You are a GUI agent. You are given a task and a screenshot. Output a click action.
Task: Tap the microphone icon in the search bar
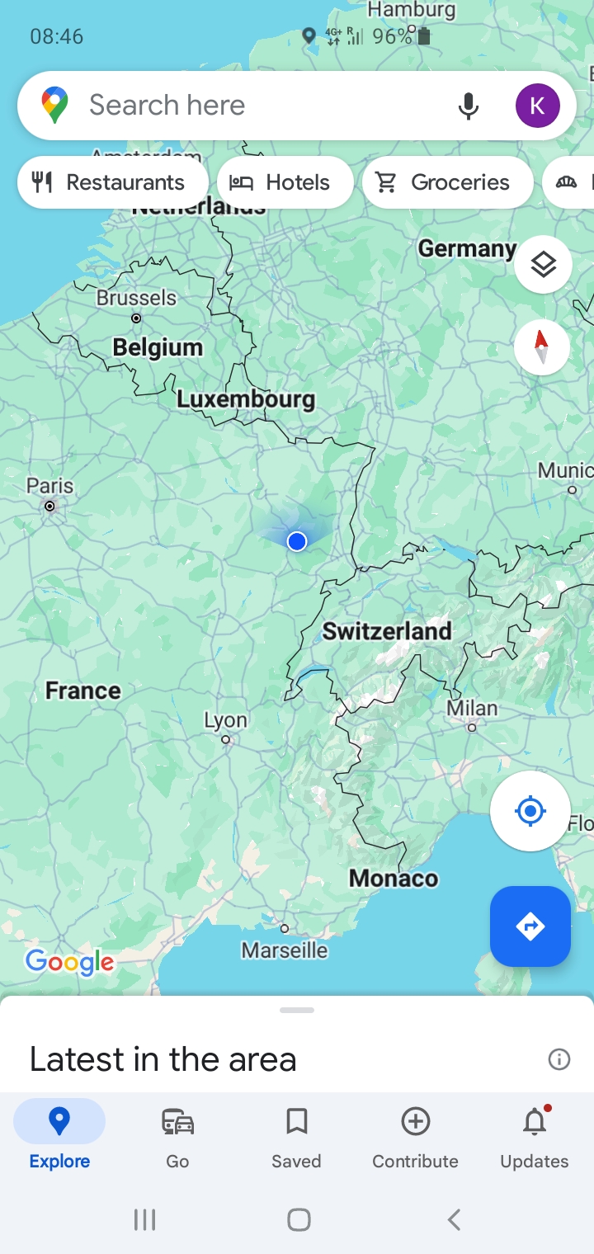[468, 106]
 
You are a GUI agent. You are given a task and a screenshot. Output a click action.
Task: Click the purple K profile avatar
[537, 106]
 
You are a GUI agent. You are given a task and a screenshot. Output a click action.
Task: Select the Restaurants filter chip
[112, 182]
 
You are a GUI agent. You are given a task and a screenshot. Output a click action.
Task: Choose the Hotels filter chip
[285, 182]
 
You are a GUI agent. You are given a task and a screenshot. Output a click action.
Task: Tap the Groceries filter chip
[445, 182]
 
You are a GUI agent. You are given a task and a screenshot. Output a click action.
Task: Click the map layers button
[543, 265]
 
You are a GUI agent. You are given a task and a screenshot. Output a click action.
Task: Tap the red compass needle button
[541, 346]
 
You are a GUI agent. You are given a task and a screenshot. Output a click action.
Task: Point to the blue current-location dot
[297, 541]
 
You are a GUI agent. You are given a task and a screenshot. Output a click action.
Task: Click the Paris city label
[49, 486]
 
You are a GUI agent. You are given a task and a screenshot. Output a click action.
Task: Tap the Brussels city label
[136, 298]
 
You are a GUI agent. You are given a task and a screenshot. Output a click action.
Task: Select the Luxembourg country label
[246, 399]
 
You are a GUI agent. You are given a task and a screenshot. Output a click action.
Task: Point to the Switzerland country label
[387, 631]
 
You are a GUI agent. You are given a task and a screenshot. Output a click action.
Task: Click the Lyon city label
[225, 720]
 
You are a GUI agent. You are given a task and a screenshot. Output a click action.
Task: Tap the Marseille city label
[285, 950]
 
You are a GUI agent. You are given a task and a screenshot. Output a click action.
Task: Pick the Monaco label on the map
[394, 878]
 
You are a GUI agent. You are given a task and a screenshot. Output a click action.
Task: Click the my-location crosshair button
[530, 811]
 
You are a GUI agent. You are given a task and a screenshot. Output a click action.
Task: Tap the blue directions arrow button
[530, 926]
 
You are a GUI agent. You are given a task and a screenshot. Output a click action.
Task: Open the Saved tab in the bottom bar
[296, 1137]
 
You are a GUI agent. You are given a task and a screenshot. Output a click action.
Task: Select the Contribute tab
[415, 1137]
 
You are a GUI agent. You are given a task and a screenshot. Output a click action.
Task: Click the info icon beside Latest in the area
[559, 1059]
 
